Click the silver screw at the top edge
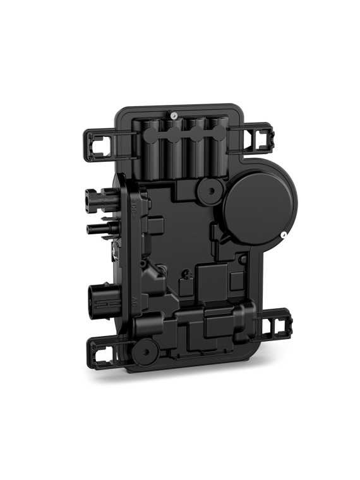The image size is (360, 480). pos(173,116)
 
